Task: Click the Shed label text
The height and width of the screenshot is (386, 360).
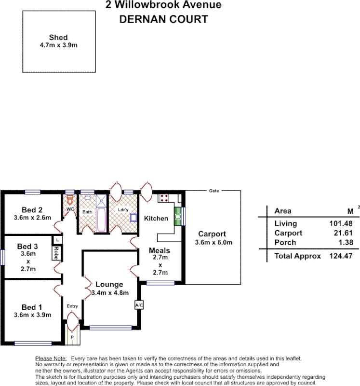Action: pos(58,38)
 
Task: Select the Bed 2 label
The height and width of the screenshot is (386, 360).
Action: pos(32,209)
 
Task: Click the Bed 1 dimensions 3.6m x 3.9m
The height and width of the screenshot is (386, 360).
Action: pos(32,315)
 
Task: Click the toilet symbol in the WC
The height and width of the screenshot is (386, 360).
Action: pos(70,199)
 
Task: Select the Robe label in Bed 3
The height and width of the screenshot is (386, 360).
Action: pos(56,252)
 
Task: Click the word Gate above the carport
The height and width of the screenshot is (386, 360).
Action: pos(214,191)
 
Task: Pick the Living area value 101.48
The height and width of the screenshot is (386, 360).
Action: pos(340,223)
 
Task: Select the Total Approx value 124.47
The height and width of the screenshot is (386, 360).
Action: pos(340,256)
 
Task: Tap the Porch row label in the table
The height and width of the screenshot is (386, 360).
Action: pos(285,242)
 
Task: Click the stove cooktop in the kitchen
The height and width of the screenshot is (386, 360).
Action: pos(163,197)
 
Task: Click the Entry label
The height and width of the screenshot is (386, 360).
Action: pos(72,306)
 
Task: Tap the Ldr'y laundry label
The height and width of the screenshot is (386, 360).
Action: pos(123,209)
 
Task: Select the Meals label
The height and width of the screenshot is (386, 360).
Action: pos(159,250)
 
